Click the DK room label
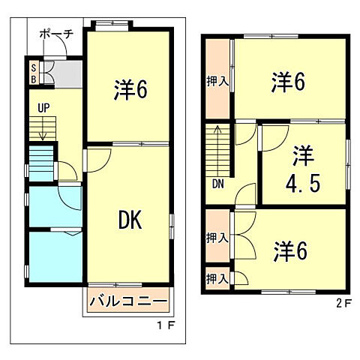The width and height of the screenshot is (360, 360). pyautogui.click(x=130, y=220)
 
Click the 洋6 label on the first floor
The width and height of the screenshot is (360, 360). pyautogui.click(x=130, y=91)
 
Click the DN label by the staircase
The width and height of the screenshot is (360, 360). pyautogui.click(x=217, y=182)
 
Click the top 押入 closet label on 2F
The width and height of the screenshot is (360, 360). pyautogui.click(x=217, y=81)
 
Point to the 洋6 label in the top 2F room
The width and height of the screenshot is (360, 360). pyautogui.click(x=288, y=81)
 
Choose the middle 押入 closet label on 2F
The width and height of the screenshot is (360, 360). pyautogui.click(x=217, y=238)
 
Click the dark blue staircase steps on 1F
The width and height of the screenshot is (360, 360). pyautogui.click(x=42, y=160)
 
